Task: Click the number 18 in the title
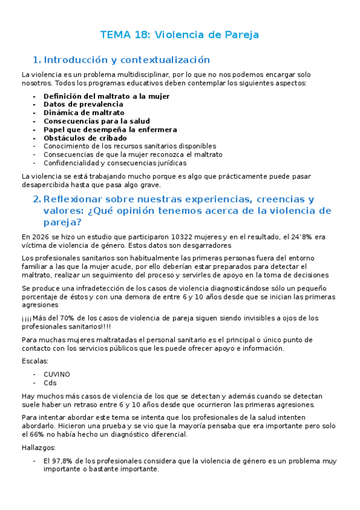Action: (x=141, y=35)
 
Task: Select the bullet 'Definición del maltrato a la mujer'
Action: (x=106, y=96)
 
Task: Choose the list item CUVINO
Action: (x=56, y=374)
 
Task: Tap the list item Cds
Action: (x=50, y=382)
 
